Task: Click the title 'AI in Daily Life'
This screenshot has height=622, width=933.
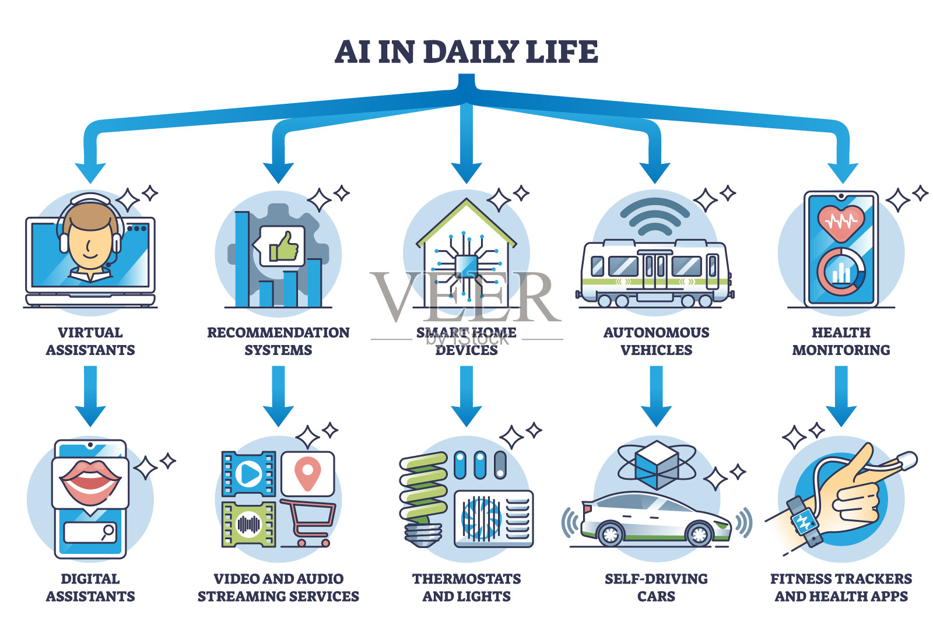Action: click(466, 52)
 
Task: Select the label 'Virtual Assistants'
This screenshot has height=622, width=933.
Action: click(90, 341)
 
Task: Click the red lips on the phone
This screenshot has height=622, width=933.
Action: click(90, 477)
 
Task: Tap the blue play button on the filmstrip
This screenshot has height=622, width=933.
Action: click(250, 473)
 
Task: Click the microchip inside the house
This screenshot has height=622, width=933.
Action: click(466, 266)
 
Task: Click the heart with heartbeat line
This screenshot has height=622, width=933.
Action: click(840, 223)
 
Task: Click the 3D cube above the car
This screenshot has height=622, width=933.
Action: click(657, 464)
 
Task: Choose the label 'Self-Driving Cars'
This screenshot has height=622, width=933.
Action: click(656, 587)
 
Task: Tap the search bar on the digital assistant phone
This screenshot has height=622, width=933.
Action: click(90, 532)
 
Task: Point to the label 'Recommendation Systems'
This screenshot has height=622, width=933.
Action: click(278, 341)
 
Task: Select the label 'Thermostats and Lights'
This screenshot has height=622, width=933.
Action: click(466, 587)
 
